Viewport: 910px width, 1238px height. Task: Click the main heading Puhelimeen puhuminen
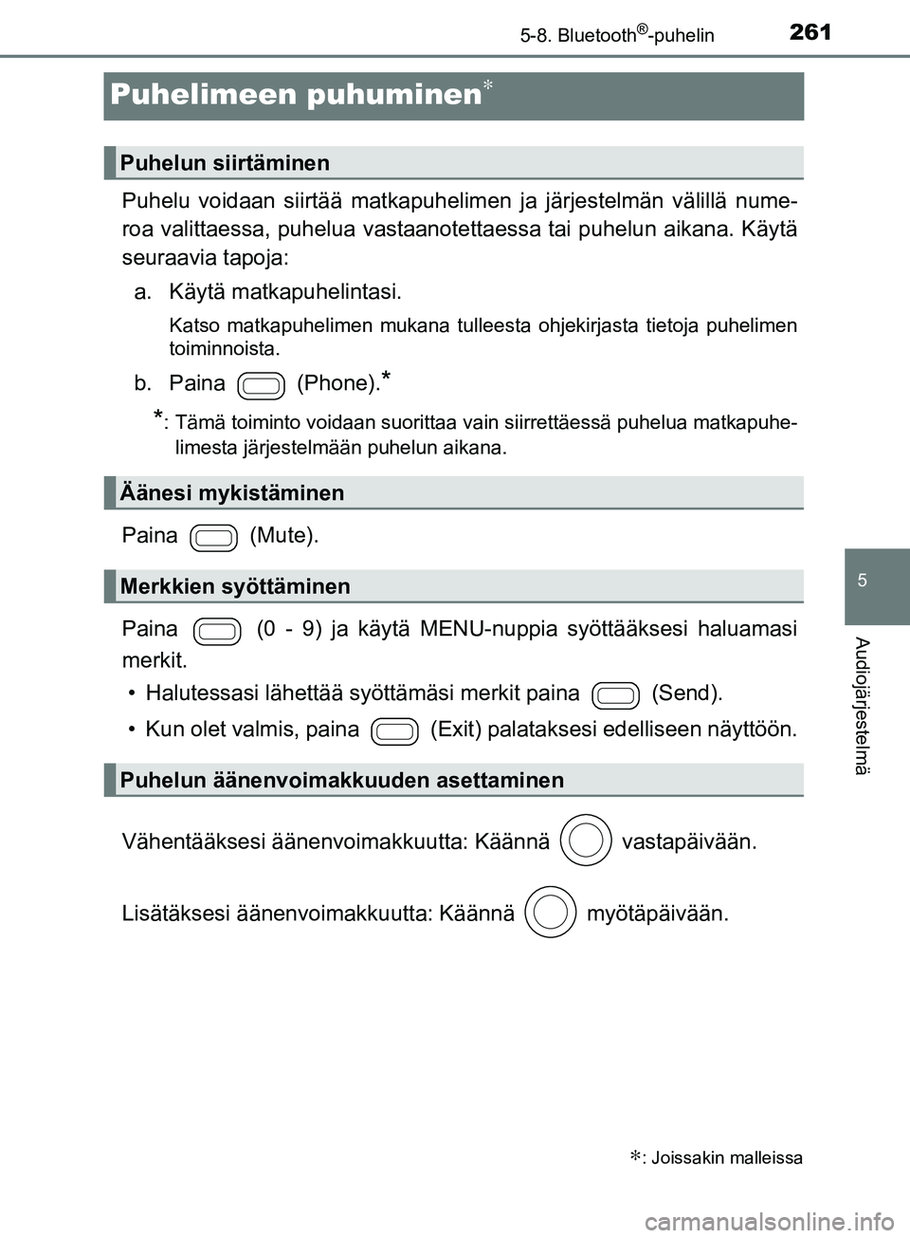[296, 94]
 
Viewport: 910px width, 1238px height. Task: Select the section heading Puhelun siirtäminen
[225, 163]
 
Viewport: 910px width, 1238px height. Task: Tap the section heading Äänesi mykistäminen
[232, 493]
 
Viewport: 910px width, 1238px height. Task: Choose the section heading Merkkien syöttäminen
[235, 586]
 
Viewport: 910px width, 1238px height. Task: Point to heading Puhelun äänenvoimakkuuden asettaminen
[341, 780]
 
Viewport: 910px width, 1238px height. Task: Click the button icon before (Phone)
[262, 385]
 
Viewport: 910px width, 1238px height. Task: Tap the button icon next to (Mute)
[213, 537]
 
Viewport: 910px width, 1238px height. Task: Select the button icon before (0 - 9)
[217, 631]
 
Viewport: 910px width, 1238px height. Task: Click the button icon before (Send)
[615, 695]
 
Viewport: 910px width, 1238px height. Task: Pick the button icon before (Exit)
[394, 731]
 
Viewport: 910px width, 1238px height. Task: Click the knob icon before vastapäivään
[586, 841]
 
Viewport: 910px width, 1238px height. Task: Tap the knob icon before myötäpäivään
[550, 913]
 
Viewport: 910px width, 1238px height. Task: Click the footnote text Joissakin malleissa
[726, 1157]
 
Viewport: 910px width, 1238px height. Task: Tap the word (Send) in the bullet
[686, 693]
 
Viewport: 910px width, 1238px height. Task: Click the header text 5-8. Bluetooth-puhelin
[617, 36]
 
